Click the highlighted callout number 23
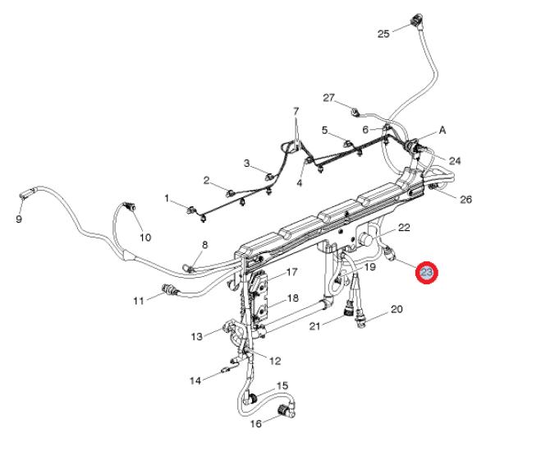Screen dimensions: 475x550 427,273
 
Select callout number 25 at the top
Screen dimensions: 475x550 383,34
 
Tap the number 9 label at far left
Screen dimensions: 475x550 19,219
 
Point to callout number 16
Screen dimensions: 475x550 255,424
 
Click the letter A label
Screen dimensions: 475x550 442,130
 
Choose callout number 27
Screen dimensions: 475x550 329,98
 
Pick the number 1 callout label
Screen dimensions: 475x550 167,199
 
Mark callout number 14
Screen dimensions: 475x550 195,380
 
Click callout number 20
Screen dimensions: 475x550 396,310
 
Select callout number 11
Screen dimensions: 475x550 139,301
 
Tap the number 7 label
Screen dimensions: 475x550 296,111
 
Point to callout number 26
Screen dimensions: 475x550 466,199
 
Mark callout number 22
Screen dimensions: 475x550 404,227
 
